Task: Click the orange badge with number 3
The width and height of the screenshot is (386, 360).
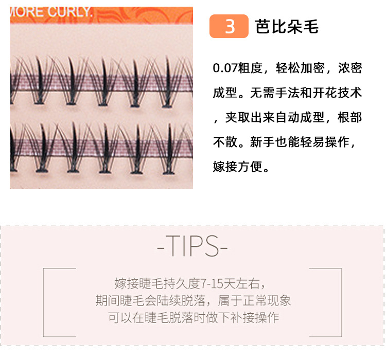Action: point(229,27)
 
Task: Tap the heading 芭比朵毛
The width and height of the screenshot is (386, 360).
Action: point(287,27)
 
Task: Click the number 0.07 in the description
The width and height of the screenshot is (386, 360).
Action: point(229,68)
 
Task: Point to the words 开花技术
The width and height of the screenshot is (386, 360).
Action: point(337,93)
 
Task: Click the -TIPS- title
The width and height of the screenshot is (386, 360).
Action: point(192,247)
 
